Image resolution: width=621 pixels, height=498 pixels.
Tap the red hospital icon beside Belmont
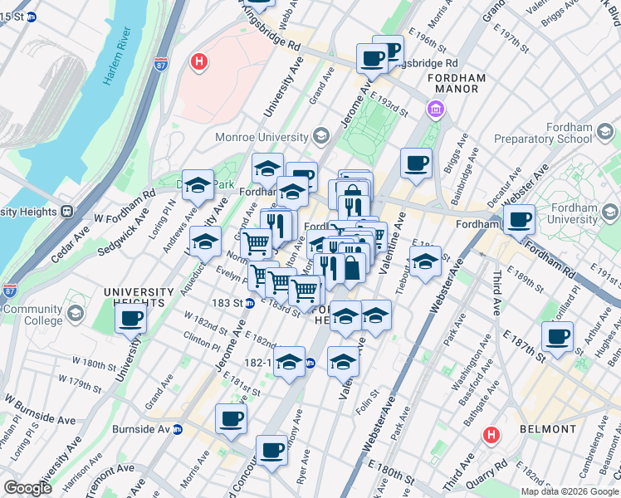click(491, 433)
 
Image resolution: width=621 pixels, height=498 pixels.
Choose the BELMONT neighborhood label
click(547, 429)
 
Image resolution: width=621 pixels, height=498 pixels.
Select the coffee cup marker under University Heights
click(131, 319)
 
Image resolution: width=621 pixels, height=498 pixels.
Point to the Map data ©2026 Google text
click(570, 491)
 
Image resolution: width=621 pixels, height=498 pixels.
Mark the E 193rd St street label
click(390, 105)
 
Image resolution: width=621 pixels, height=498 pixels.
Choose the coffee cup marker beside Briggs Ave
click(415, 163)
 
